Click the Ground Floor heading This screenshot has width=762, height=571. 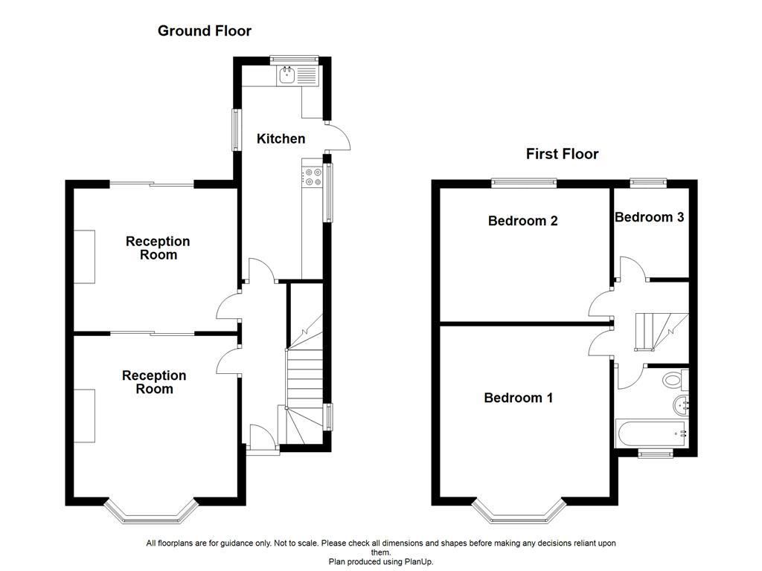[205, 31]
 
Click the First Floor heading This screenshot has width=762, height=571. [562, 155]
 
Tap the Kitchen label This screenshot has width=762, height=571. [281, 139]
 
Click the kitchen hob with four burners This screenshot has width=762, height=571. [313, 177]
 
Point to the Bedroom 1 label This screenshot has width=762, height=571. [518, 398]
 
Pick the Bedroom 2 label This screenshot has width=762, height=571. [522, 221]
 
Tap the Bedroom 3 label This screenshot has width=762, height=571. [649, 217]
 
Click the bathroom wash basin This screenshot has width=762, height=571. [681, 405]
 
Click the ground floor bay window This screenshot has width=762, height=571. [151, 511]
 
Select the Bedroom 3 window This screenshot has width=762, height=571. [648, 181]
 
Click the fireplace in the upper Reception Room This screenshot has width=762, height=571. [84, 257]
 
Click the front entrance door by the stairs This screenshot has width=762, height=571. [261, 437]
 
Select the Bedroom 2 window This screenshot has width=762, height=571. [524, 181]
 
